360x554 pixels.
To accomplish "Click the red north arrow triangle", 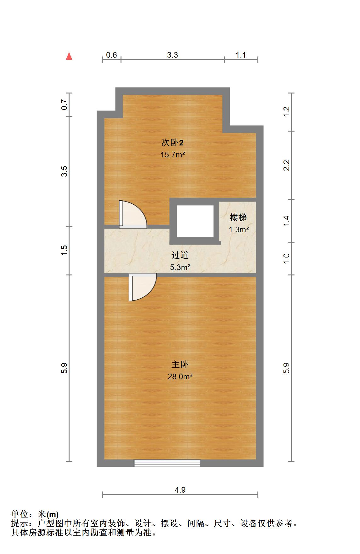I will pyautogui.click(x=69, y=56).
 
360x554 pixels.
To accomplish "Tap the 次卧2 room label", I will pyautogui.click(x=172, y=143).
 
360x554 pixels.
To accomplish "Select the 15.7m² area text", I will pyautogui.click(x=172, y=155).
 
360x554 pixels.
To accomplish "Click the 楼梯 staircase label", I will pyautogui.click(x=238, y=218).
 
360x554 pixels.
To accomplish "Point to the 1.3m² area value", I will pyautogui.click(x=239, y=230).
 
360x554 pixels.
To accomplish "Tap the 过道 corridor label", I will pyautogui.click(x=180, y=255).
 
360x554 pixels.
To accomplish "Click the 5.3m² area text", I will pyautogui.click(x=180, y=268).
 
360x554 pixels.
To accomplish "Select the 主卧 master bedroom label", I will pyautogui.click(x=180, y=365).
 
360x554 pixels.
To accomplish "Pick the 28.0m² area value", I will pyautogui.click(x=180, y=377).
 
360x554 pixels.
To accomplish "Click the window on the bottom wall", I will pyautogui.click(x=167, y=463).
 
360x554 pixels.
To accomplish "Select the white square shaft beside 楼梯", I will pyautogui.click(x=195, y=221).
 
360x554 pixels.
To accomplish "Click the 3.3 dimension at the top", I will pyautogui.click(x=172, y=55).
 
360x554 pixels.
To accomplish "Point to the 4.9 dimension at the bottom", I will pyautogui.click(x=180, y=490).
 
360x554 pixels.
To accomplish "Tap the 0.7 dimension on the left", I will pyautogui.click(x=65, y=105).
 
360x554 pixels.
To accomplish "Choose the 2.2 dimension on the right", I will pyautogui.click(x=286, y=165).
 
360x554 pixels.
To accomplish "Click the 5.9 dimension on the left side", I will pyautogui.click(x=65, y=368).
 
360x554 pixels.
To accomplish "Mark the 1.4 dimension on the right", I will pyautogui.click(x=286, y=221).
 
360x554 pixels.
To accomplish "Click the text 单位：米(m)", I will pyautogui.click(x=35, y=515).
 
